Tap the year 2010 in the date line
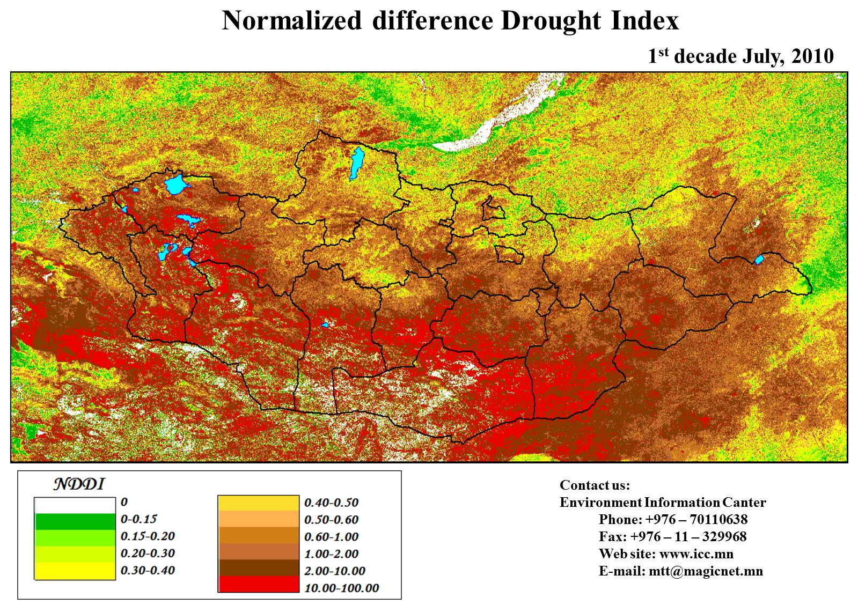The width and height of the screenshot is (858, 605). coord(810,56)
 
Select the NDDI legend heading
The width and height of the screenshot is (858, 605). coord(79,484)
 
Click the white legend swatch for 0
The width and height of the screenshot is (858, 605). coord(75,505)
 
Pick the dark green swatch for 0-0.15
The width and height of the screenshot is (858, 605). coord(75,521)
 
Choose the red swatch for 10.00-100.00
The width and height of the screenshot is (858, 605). coord(258,585)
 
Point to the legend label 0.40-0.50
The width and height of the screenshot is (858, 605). coord(331,503)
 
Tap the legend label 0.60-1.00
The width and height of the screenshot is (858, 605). coord(331,537)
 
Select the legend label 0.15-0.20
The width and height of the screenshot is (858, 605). coord(148,536)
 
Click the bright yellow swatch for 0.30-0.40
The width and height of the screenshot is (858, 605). coord(75,571)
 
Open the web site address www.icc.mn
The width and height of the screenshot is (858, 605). coord(696,554)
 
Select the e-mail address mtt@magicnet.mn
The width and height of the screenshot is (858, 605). coord(705,571)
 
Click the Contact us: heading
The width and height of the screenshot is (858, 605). coord(595,485)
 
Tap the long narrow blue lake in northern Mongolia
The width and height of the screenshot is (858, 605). coord(356,164)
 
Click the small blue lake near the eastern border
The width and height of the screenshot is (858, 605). coord(759,260)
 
